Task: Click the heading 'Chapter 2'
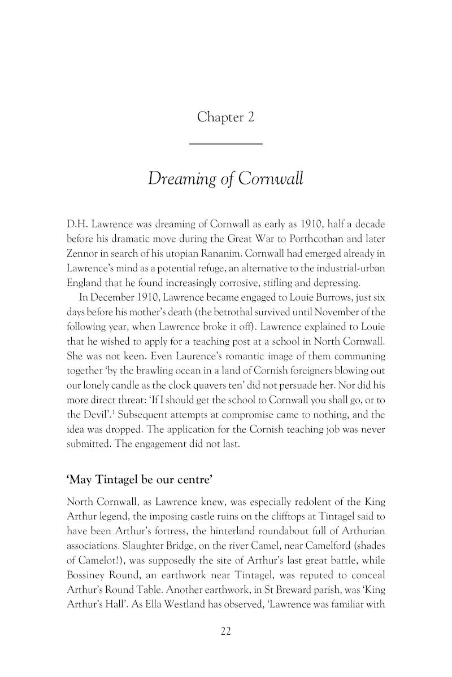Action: pyautogui.click(x=225, y=117)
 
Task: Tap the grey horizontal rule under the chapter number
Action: pyautogui.click(x=225, y=144)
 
